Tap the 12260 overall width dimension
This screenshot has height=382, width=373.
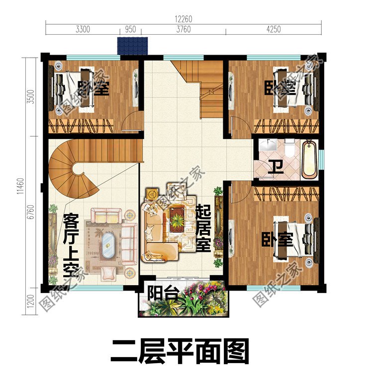pos(183,19)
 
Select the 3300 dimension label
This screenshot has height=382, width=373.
pos(83,29)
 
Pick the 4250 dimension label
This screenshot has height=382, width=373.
pos(273,29)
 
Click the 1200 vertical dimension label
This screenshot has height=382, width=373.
pos(31,301)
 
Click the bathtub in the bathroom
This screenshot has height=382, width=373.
pos(309,159)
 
